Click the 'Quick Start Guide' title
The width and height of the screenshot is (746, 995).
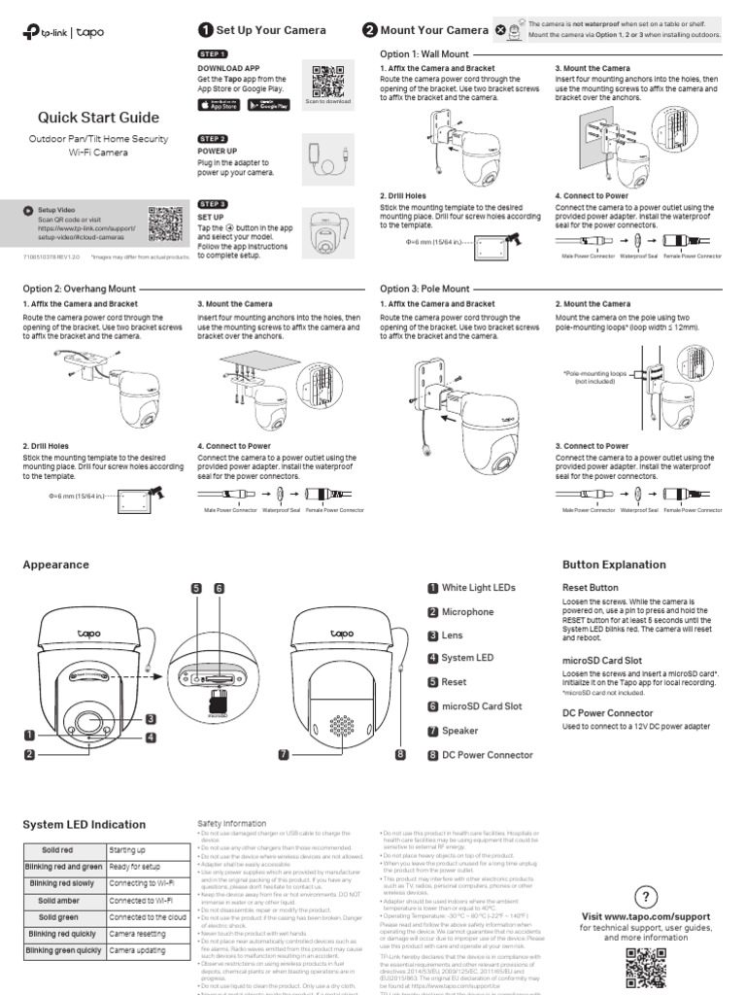(x=98, y=118)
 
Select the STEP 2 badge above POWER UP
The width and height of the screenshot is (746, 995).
(x=213, y=140)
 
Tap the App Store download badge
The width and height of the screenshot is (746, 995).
(x=219, y=104)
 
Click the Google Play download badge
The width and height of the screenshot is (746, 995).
(x=271, y=104)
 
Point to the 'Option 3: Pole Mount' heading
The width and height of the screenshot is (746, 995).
(x=424, y=289)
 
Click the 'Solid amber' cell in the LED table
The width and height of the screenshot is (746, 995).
(x=60, y=901)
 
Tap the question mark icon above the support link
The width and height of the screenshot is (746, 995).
(x=646, y=895)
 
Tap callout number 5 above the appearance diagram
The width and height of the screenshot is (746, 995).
(x=195, y=588)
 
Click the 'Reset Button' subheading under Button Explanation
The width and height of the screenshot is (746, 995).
(x=590, y=588)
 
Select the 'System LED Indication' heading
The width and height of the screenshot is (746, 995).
(x=84, y=825)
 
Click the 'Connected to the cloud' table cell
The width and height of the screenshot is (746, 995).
(x=148, y=917)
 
